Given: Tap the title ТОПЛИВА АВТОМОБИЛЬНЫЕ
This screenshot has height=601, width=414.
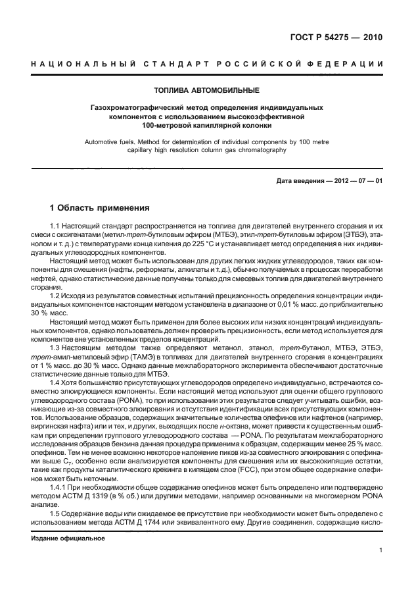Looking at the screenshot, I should [x=206, y=90].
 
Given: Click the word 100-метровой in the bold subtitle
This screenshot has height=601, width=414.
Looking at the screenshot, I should [x=168, y=124].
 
